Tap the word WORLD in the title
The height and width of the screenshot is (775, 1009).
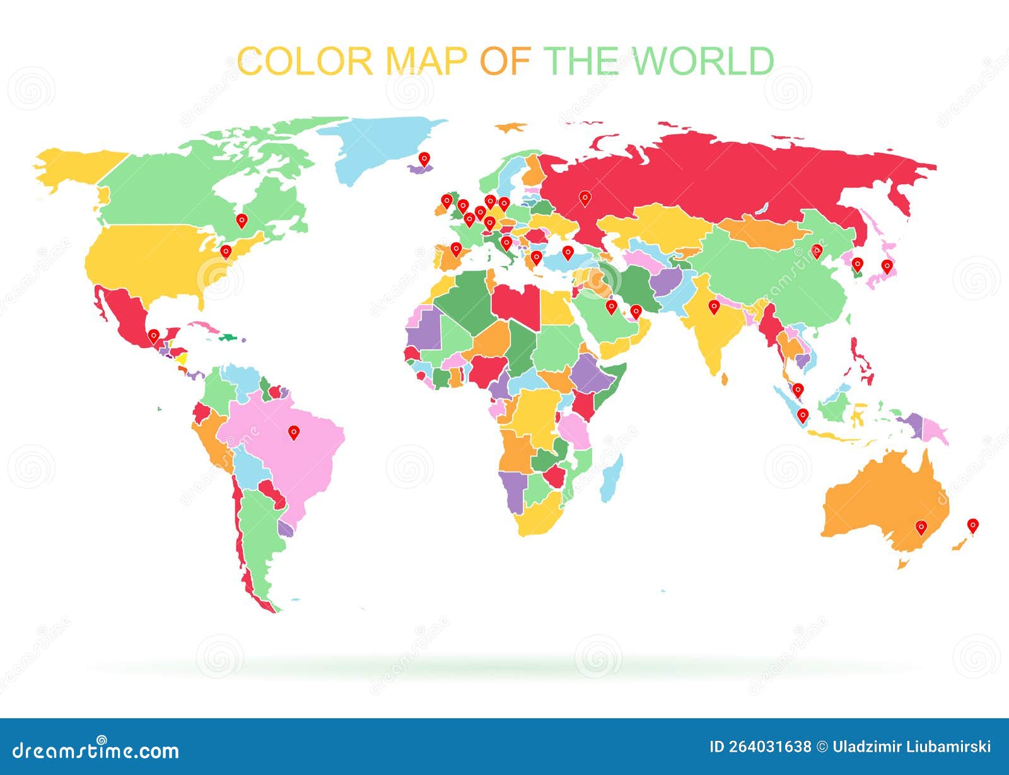[x=703, y=61]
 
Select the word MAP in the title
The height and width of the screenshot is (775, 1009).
[x=426, y=61]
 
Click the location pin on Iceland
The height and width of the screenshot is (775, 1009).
[x=424, y=158]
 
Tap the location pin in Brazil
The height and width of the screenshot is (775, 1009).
[x=293, y=432]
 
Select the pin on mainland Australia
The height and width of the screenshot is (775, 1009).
[x=921, y=527]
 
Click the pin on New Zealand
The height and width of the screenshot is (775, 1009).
[x=973, y=525]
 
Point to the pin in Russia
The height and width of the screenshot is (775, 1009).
[x=585, y=198]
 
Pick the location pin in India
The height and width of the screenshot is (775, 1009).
[x=714, y=306]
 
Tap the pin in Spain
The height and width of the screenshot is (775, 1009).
[x=456, y=249]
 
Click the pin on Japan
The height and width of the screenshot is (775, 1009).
[x=887, y=265]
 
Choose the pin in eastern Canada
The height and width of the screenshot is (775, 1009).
[x=242, y=220]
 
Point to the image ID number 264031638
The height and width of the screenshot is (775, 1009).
[x=760, y=747]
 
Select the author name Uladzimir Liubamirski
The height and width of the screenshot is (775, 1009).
[x=912, y=747]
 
